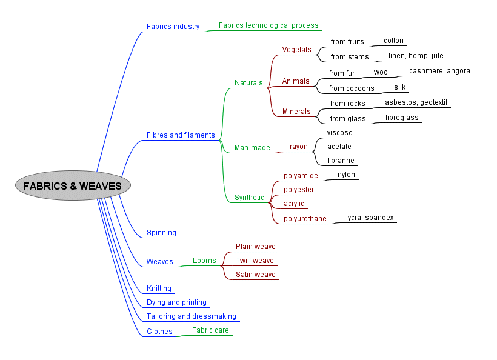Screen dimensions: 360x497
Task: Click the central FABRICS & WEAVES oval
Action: (73, 186)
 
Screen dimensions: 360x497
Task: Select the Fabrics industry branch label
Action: (173, 27)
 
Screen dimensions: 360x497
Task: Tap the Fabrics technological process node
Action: (269, 25)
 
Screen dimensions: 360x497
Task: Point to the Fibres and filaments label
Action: (181, 135)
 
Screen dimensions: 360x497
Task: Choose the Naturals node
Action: (248, 83)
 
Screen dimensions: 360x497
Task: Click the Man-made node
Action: (252, 148)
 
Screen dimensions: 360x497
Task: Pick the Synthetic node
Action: (249, 198)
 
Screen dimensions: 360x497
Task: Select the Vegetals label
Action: (296, 50)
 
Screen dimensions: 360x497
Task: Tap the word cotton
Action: (393, 41)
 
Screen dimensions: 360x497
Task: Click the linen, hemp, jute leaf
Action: (416, 56)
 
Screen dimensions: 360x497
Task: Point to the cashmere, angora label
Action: (442, 71)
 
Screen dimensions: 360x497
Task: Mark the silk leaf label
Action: (400, 87)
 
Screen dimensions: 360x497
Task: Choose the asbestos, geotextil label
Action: (416, 102)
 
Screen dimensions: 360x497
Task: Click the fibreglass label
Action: (402, 118)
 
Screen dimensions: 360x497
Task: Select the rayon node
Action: (298, 147)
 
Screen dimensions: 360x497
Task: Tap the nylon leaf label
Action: (347, 175)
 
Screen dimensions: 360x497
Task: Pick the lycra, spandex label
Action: (370, 218)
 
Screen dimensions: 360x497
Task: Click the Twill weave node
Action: (255, 261)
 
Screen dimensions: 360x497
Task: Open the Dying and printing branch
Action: (176, 302)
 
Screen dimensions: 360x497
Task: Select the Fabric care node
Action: (210, 330)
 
